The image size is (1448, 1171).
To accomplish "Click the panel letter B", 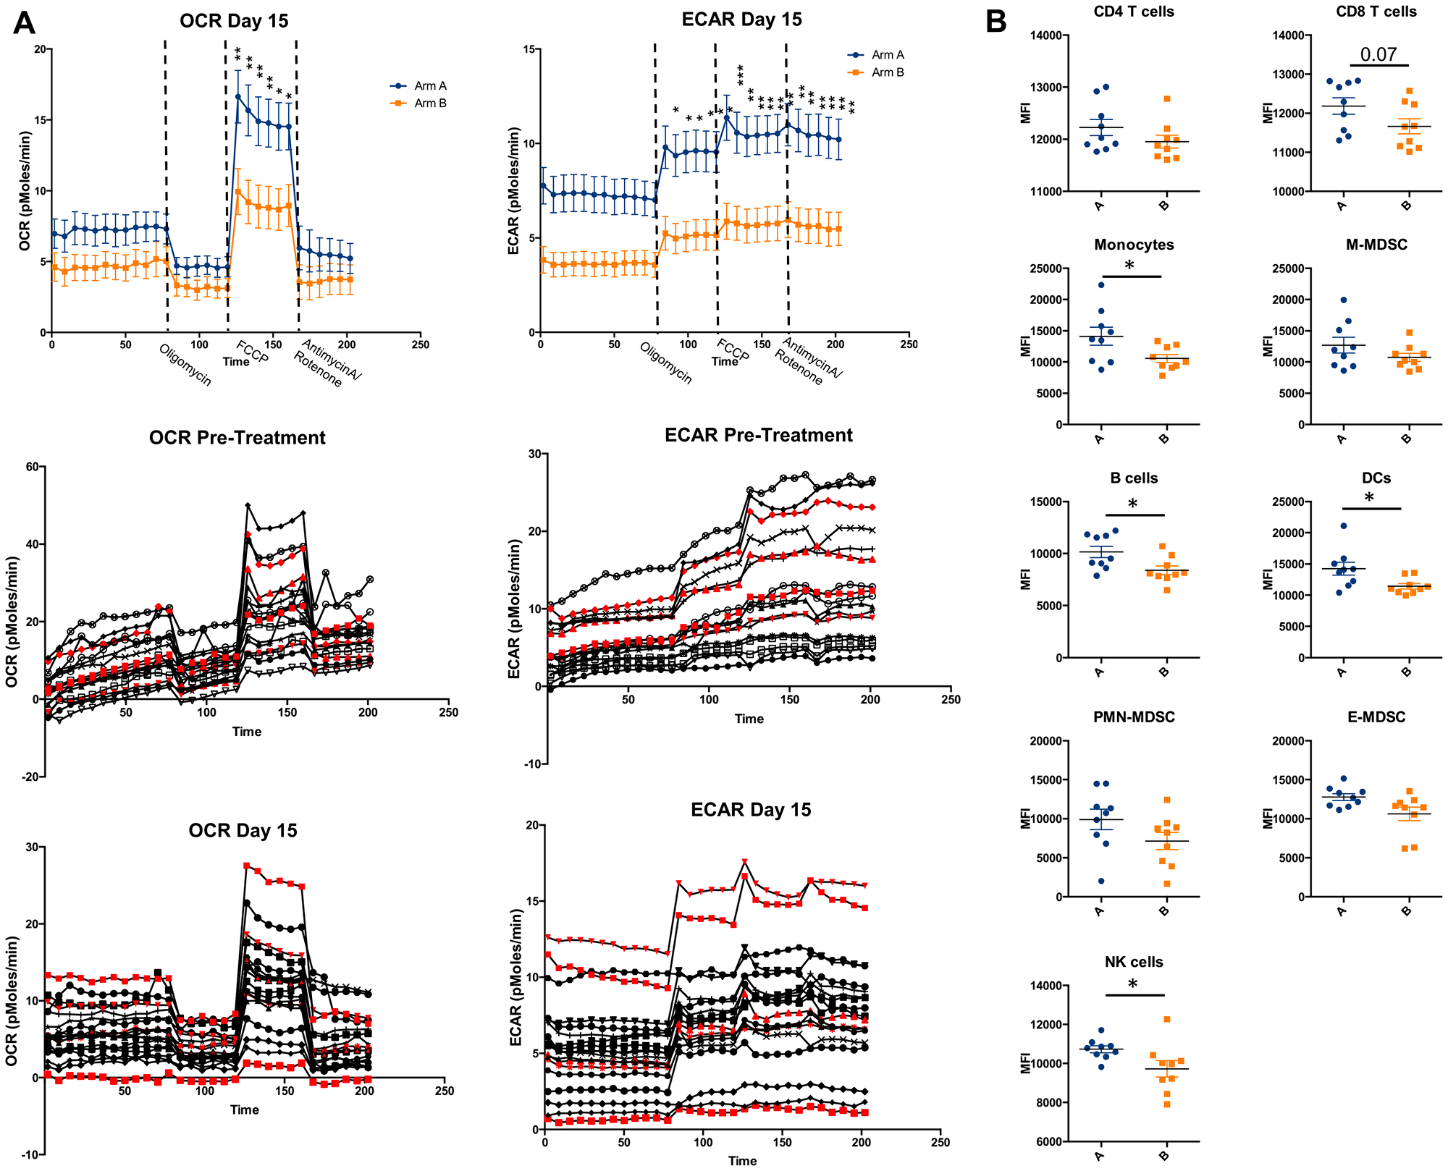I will click(x=995, y=22).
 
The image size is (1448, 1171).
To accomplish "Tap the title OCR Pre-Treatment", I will click(x=237, y=438).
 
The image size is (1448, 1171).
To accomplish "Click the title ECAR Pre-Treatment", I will click(x=758, y=435).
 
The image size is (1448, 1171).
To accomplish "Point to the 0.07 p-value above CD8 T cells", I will click(x=1378, y=54).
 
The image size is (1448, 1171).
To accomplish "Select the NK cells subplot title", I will click(x=1134, y=962).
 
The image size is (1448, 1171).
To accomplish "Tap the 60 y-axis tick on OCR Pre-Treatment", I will click(x=32, y=467).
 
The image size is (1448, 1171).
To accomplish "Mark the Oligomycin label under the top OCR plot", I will click(x=185, y=365).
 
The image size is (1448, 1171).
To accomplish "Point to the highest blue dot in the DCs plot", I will click(x=1344, y=526).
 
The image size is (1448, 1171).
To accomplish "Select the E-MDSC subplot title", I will click(x=1376, y=717).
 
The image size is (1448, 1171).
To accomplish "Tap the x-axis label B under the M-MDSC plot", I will click(x=1406, y=439).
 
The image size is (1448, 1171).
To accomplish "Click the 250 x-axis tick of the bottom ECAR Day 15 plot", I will click(x=940, y=1142).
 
